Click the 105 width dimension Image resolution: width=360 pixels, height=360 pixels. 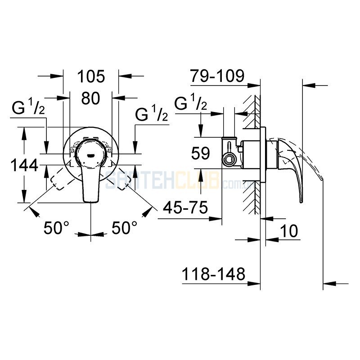point(91,76)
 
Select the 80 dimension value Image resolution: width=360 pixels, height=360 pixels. point(91,98)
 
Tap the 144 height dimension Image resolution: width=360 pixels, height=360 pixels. point(24,165)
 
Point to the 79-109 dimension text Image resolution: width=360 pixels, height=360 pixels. point(217,76)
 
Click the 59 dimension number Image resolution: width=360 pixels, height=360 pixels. point(201,153)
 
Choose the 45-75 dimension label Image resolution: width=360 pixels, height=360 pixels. point(185,207)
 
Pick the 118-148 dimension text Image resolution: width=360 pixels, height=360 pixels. point(213,274)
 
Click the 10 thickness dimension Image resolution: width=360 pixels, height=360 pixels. point(289,231)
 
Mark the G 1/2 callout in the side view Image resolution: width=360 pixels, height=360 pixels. point(191,102)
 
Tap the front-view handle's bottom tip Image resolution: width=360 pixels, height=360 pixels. point(91,202)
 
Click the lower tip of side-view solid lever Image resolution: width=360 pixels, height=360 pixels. point(301,202)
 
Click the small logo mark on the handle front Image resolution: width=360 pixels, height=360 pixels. point(91,155)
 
